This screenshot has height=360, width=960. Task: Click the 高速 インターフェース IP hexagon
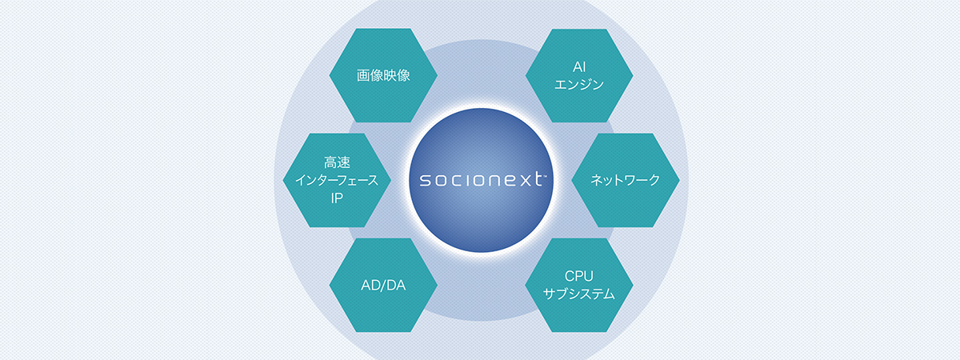pos(337,180)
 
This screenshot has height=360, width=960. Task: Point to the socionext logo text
pos(478,180)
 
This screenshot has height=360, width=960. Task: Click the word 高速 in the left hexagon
pos(338,163)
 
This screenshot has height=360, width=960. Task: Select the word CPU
pos(579,277)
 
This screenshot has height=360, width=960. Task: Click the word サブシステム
pos(579,294)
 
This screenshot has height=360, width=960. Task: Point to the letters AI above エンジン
pos(579,66)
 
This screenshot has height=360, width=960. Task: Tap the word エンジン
pos(579,84)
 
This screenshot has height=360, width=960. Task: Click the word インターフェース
pos(338,181)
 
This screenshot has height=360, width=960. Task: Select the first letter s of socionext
pos(417,180)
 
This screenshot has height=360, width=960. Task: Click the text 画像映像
pos(383,76)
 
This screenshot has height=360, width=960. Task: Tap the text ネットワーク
pos(626,181)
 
